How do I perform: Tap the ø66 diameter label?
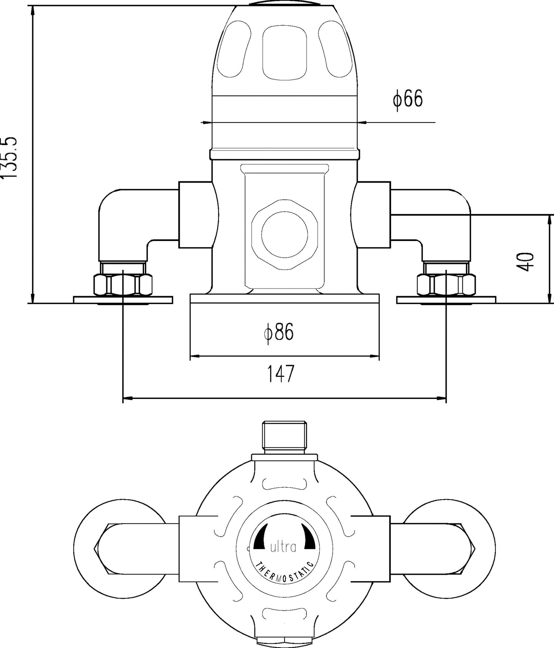pos(407,99)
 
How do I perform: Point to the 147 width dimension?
pos(280,374)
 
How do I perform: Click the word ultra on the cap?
pos(283,547)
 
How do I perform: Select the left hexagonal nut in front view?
pos(123,285)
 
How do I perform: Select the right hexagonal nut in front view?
pos(446,285)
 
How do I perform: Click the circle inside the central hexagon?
pos(284,234)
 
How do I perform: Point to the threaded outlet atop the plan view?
pos(284,437)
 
